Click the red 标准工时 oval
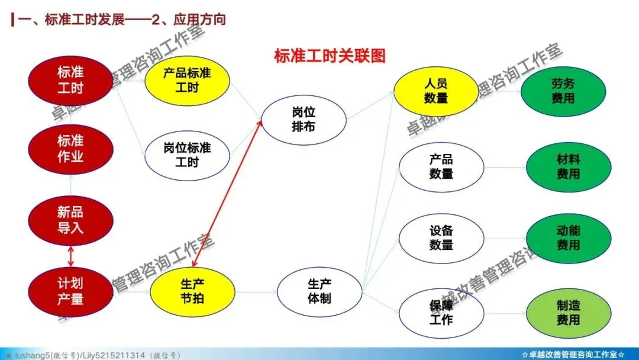70,81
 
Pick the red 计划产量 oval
70,291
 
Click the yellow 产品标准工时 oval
187,81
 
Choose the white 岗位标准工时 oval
187,155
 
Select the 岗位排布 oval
304,119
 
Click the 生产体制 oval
319,291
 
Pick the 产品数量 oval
441,167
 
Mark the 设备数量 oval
441,238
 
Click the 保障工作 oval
441,313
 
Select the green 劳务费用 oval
563,91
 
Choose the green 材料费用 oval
568,167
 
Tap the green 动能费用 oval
568,238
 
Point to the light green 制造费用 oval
568,313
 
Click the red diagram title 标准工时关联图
330,56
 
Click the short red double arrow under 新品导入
71,256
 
